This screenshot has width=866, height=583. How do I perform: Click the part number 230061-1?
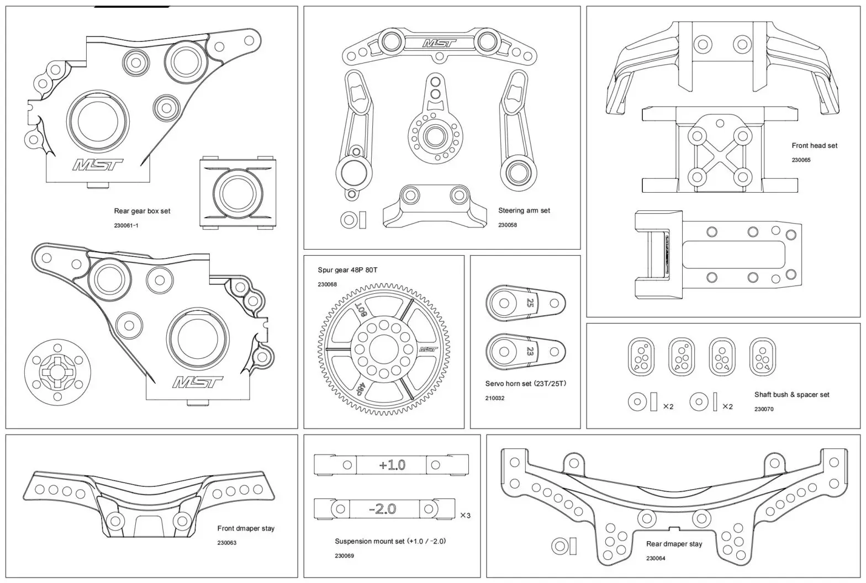[x=126, y=225]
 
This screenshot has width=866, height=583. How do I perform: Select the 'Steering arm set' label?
[x=524, y=210]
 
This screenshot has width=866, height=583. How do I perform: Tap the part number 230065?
[x=801, y=160]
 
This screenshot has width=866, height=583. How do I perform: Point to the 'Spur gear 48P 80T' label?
[x=347, y=270]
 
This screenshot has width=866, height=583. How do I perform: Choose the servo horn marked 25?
[x=525, y=302]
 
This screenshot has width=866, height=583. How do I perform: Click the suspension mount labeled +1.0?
[x=391, y=465]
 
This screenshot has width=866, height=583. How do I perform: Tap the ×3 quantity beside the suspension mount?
[x=465, y=516]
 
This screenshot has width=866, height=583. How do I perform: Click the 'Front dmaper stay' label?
[x=246, y=528]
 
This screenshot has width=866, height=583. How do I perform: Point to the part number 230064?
[x=656, y=558]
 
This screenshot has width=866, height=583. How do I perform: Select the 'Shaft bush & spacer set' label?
[x=791, y=395]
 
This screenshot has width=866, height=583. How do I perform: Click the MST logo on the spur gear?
[x=429, y=349]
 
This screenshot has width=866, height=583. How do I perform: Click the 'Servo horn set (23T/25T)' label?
[x=526, y=384]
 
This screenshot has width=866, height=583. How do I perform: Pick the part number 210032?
[x=495, y=398]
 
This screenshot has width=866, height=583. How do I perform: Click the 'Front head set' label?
[x=814, y=146]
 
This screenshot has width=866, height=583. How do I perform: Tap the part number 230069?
[x=344, y=556]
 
